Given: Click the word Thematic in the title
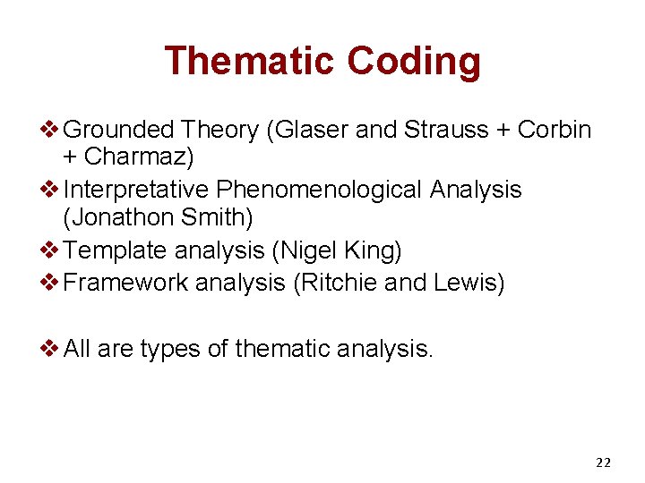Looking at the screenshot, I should point(249,61).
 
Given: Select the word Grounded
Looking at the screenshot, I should point(119,130).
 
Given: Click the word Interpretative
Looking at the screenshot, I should point(137,190).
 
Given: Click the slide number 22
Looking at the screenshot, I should point(603,462).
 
